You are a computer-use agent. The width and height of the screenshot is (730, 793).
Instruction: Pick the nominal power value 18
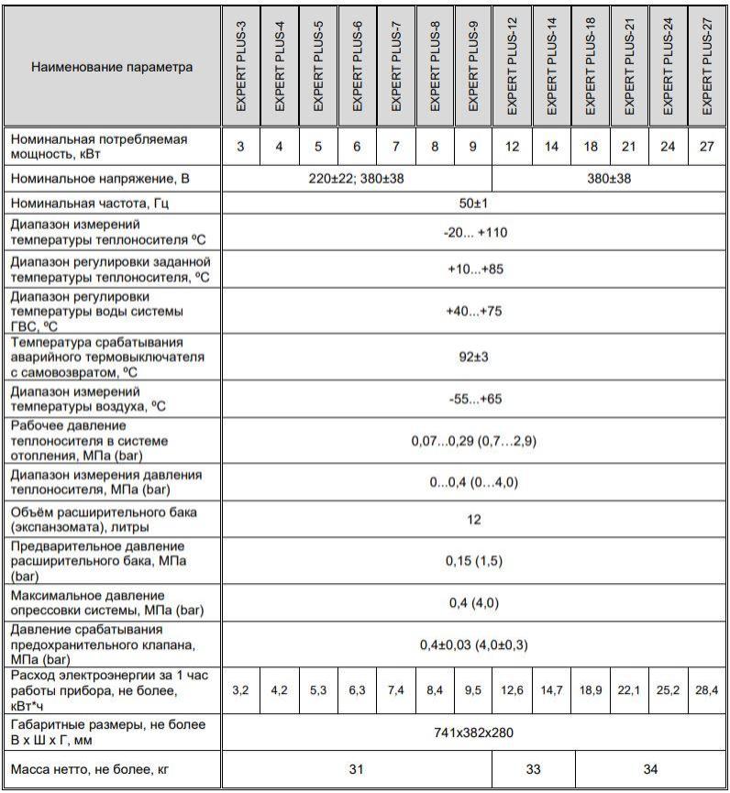[591, 146]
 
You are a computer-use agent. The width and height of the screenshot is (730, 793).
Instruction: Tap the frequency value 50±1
[474, 204]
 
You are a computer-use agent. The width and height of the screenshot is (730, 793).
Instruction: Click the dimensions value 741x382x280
[474, 732]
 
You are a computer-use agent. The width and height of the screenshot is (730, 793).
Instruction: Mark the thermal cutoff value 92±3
[474, 357]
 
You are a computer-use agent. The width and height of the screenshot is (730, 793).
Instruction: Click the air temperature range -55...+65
[474, 400]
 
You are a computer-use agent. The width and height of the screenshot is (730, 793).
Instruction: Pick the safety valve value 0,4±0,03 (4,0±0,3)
[474, 645]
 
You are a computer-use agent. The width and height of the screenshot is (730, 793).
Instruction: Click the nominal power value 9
[474, 146]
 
